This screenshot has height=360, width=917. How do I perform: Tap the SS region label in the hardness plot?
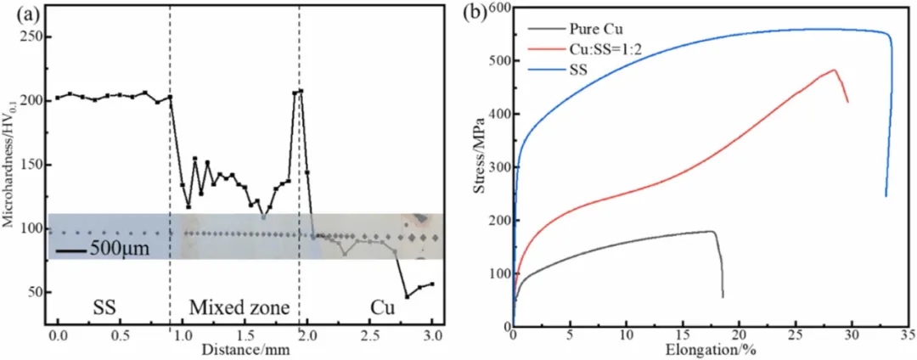[x=103, y=306]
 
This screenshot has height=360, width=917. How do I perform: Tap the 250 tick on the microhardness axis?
[x=32, y=37]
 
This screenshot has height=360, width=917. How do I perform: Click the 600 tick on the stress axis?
[x=498, y=8]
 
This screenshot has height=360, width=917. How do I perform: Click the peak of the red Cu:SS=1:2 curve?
[x=835, y=70]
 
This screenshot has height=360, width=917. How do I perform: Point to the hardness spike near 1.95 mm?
[x=301, y=90]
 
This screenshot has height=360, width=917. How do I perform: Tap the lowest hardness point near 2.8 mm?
[x=407, y=296]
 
